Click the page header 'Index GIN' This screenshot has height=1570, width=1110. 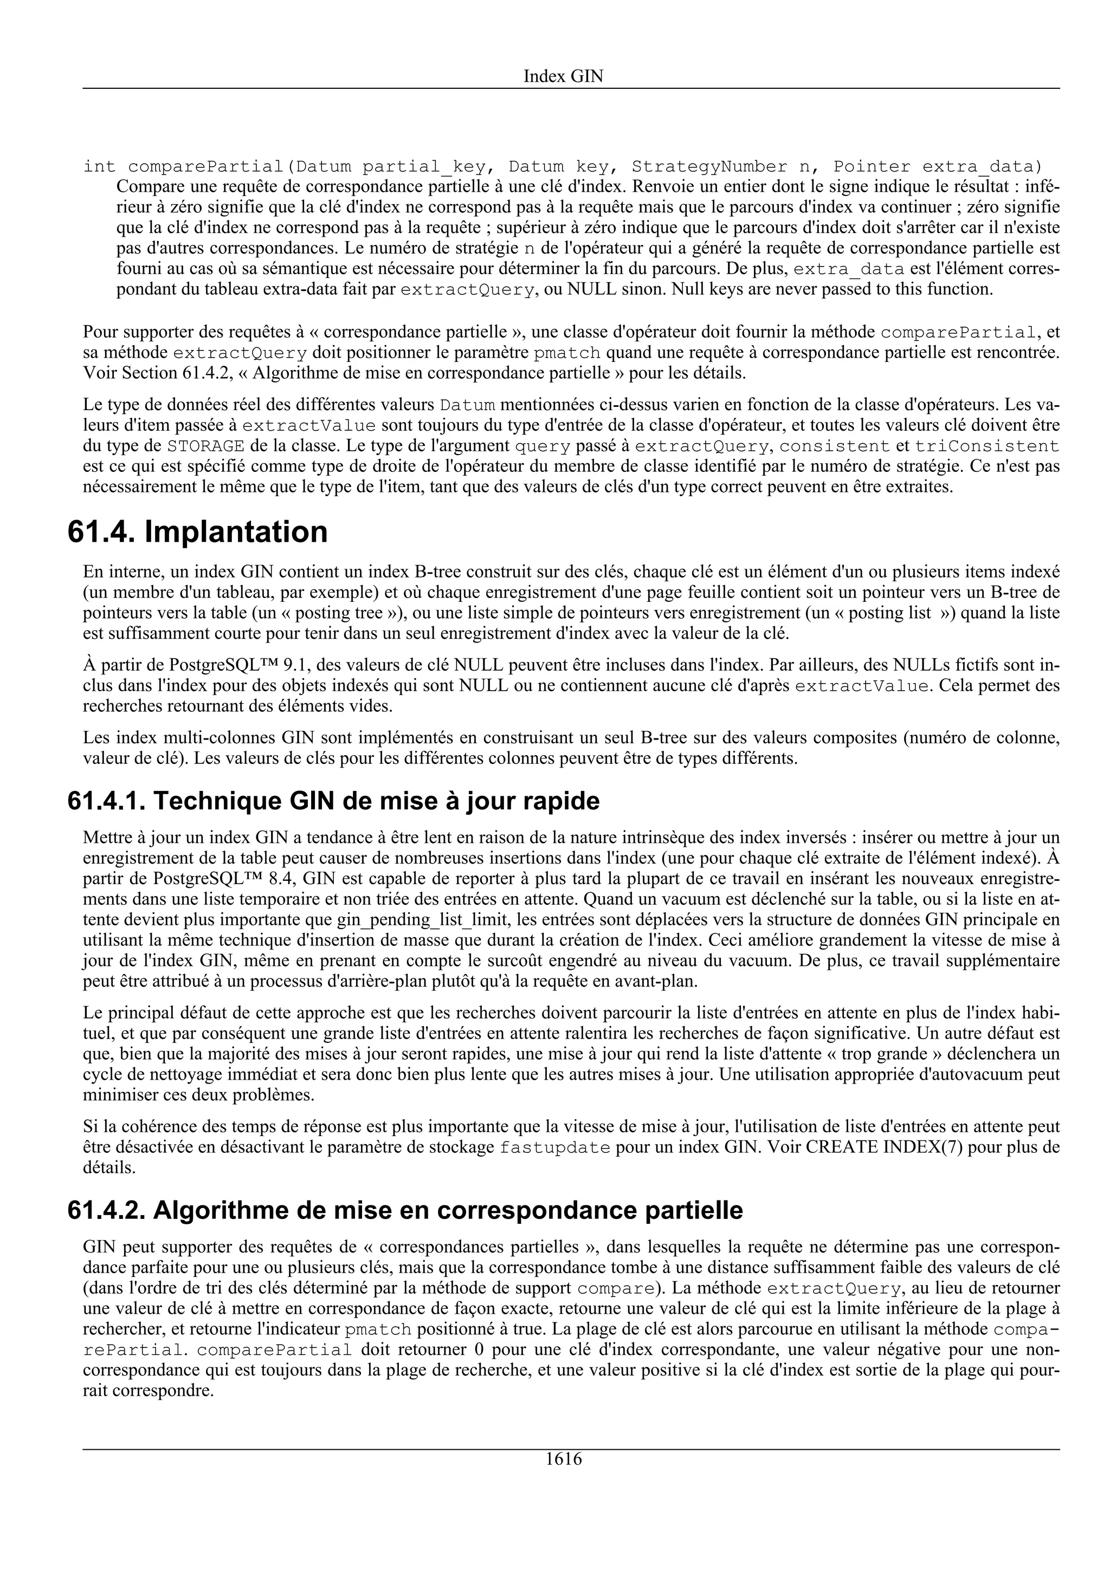pos(563,76)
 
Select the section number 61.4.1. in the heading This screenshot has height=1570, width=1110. pos(107,801)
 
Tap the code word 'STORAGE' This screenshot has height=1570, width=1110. pos(206,446)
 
